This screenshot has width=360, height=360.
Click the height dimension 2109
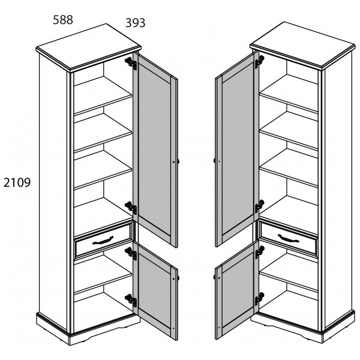click(x=17, y=183)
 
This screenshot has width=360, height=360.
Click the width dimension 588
click(x=63, y=20)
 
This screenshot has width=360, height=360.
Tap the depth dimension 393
click(x=135, y=23)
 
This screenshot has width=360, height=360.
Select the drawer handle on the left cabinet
click(x=103, y=241)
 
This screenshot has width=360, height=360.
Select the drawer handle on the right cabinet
click(x=288, y=239)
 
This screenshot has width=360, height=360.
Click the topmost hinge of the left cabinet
click(x=131, y=63)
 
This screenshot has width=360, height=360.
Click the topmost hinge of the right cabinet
click(x=259, y=61)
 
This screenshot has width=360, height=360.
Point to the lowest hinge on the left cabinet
click(x=131, y=301)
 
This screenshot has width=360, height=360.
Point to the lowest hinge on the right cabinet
click(x=259, y=299)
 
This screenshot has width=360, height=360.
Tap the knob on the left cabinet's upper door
click(x=178, y=161)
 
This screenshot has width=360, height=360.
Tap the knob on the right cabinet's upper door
click(x=215, y=160)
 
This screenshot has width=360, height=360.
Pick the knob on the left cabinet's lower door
click(x=178, y=278)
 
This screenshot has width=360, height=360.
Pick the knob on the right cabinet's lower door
click(x=215, y=277)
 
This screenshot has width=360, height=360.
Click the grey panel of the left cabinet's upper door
click(x=155, y=150)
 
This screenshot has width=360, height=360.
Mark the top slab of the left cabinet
click(x=88, y=48)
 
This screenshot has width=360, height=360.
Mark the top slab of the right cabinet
click(x=302, y=46)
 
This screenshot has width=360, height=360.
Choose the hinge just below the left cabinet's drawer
click(x=131, y=253)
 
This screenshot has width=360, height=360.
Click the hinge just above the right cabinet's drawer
click(x=259, y=206)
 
